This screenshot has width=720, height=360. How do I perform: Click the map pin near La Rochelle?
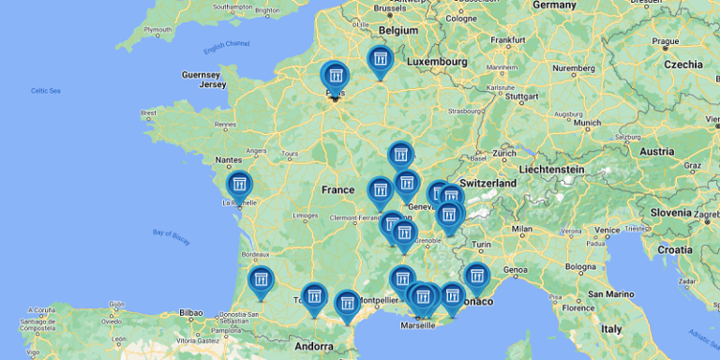point(240,184)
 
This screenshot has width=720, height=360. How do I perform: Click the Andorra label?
point(314,346)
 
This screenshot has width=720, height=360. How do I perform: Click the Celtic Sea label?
point(46,90)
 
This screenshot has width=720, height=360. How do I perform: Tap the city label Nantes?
point(229,160)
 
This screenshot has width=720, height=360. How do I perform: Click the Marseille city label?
point(418,325)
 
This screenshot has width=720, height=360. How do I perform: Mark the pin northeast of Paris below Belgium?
point(380,61)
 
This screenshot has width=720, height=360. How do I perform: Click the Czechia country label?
point(683,65)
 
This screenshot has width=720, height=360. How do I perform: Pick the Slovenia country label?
point(671,213)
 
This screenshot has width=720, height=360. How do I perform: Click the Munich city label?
point(589,123)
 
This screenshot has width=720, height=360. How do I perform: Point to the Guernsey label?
point(201,74)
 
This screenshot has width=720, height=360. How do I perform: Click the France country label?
point(337,190)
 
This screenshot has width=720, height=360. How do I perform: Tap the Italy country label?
point(611,329)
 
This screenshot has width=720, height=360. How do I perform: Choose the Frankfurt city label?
point(507,40)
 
